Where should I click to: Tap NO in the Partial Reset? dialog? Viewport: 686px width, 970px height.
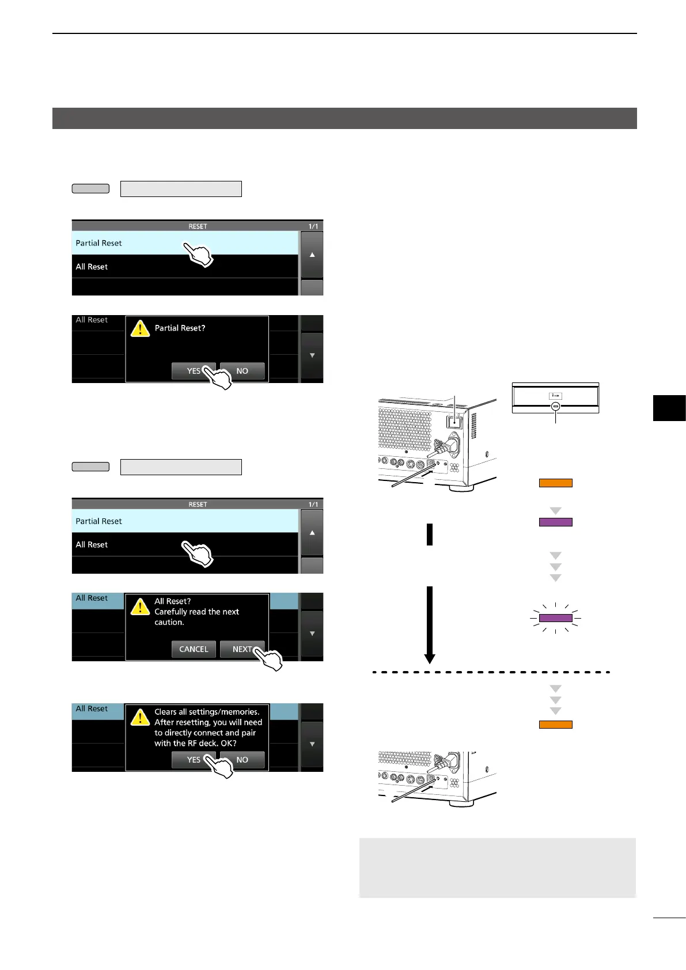point(242,371)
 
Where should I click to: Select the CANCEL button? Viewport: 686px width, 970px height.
point(194,649)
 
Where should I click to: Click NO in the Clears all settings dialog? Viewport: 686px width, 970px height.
point(242,760)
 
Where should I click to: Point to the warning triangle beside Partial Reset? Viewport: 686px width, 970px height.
point(140,328)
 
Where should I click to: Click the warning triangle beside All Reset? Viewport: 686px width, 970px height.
point(140,607)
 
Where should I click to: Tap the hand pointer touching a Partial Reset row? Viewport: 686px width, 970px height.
point(198,254)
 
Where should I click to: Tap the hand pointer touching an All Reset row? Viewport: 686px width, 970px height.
point(198,554)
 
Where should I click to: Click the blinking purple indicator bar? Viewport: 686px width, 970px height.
point(555,618)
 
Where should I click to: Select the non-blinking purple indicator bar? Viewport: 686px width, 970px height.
point(555,522)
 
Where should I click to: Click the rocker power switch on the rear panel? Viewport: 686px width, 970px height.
point(455,421)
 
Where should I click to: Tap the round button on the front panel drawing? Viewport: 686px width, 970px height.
point(555,406)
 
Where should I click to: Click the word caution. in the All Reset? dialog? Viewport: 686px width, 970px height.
point(169,622)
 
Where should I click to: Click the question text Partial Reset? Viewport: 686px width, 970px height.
point(180,328)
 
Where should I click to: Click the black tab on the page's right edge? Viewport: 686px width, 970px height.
point(669,408)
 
